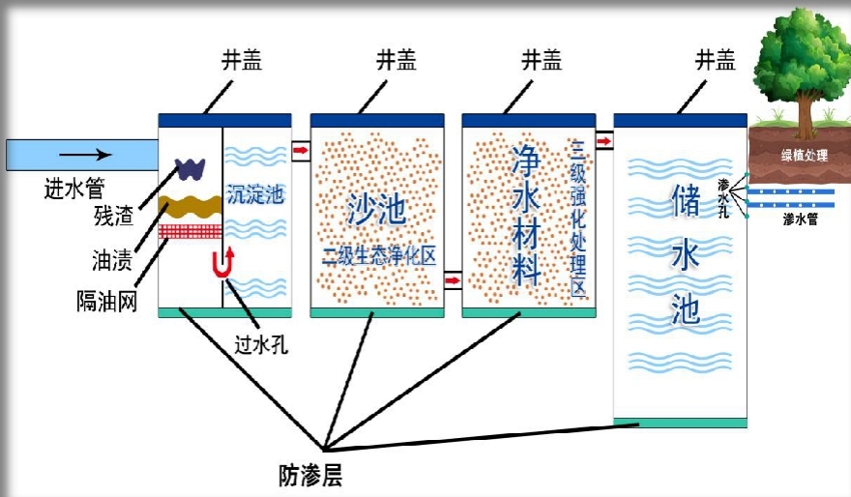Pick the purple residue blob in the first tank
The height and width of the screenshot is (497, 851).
click(x=191, y=167)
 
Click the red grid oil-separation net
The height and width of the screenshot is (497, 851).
click(x=191, y=231)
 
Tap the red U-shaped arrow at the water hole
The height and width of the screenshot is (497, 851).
click(x=223, y=263)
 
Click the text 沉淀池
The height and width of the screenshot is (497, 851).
click(x=255, y=193)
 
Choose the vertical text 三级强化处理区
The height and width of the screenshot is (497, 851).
click(x=579, y=218)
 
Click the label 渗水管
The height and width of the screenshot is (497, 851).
click(x=801, y=219)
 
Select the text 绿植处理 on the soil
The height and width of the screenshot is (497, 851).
click(x=804, y=155)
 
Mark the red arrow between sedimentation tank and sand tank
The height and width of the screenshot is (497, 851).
click(x=301, y=151)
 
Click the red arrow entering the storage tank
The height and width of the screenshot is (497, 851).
click(x=603, y=142)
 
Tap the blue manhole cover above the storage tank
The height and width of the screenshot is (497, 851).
click(x=680, y=120)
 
